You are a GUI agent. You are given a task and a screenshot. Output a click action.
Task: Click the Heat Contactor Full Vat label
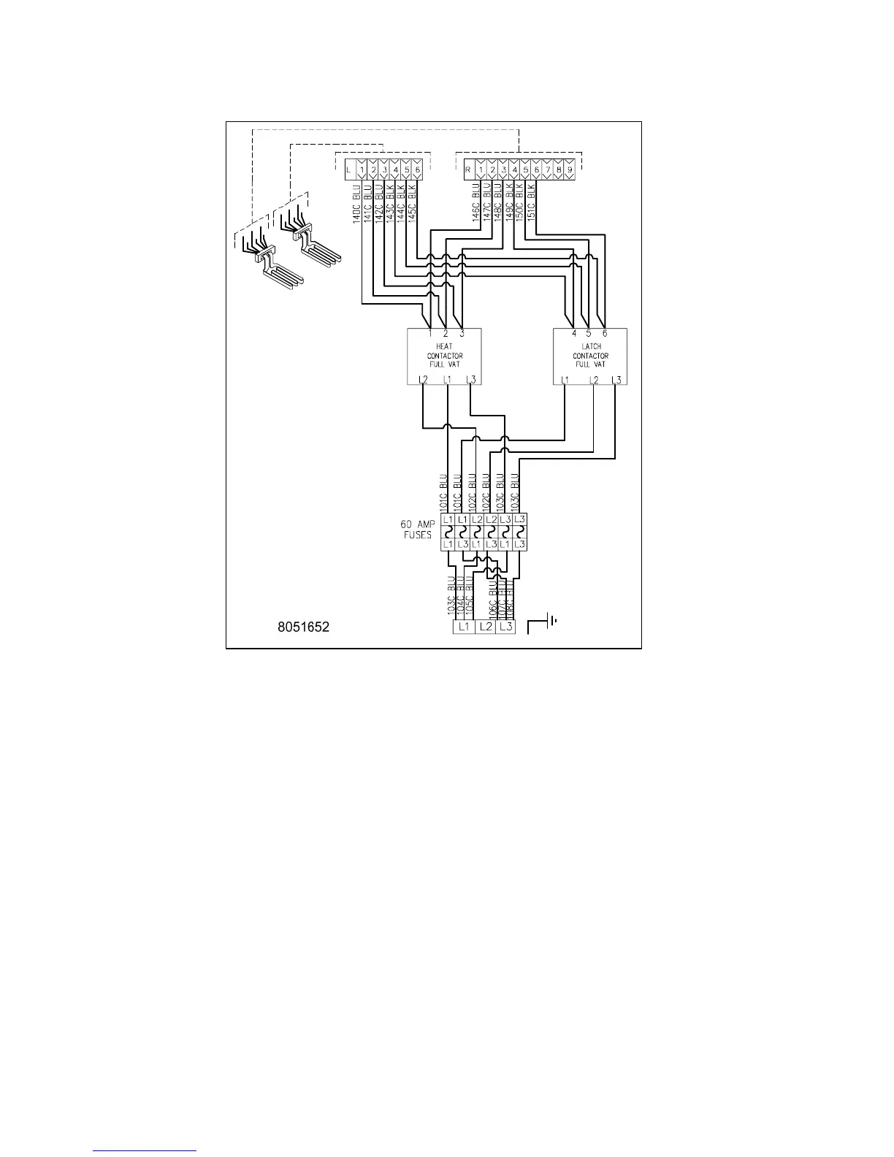(445, 356)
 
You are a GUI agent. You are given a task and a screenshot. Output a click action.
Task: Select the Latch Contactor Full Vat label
(590, 356)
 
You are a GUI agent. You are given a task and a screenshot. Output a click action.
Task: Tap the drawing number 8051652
(303, 627)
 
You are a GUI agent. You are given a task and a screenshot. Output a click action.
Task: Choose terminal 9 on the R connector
(570, 170)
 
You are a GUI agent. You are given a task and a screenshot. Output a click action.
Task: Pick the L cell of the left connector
(349, 170)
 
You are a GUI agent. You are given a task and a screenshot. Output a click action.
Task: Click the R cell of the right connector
(467, 170)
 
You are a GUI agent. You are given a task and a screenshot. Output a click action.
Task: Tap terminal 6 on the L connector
(417, 170)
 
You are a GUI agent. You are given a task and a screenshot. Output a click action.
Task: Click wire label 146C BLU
(476, 203)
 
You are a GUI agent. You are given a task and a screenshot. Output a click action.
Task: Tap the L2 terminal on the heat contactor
(423, 380)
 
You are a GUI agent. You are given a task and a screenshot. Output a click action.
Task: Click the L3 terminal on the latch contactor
(616, 380)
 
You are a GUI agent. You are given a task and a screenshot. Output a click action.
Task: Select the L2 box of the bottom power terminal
(485, 627)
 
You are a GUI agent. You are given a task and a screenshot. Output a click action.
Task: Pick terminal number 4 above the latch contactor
(574, 334)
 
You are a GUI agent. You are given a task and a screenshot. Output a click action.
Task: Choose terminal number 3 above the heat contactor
(462, 334)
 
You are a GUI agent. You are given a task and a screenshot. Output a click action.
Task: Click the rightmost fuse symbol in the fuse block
(520, 532)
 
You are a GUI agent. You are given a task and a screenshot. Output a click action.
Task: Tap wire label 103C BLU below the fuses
(452, 597)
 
